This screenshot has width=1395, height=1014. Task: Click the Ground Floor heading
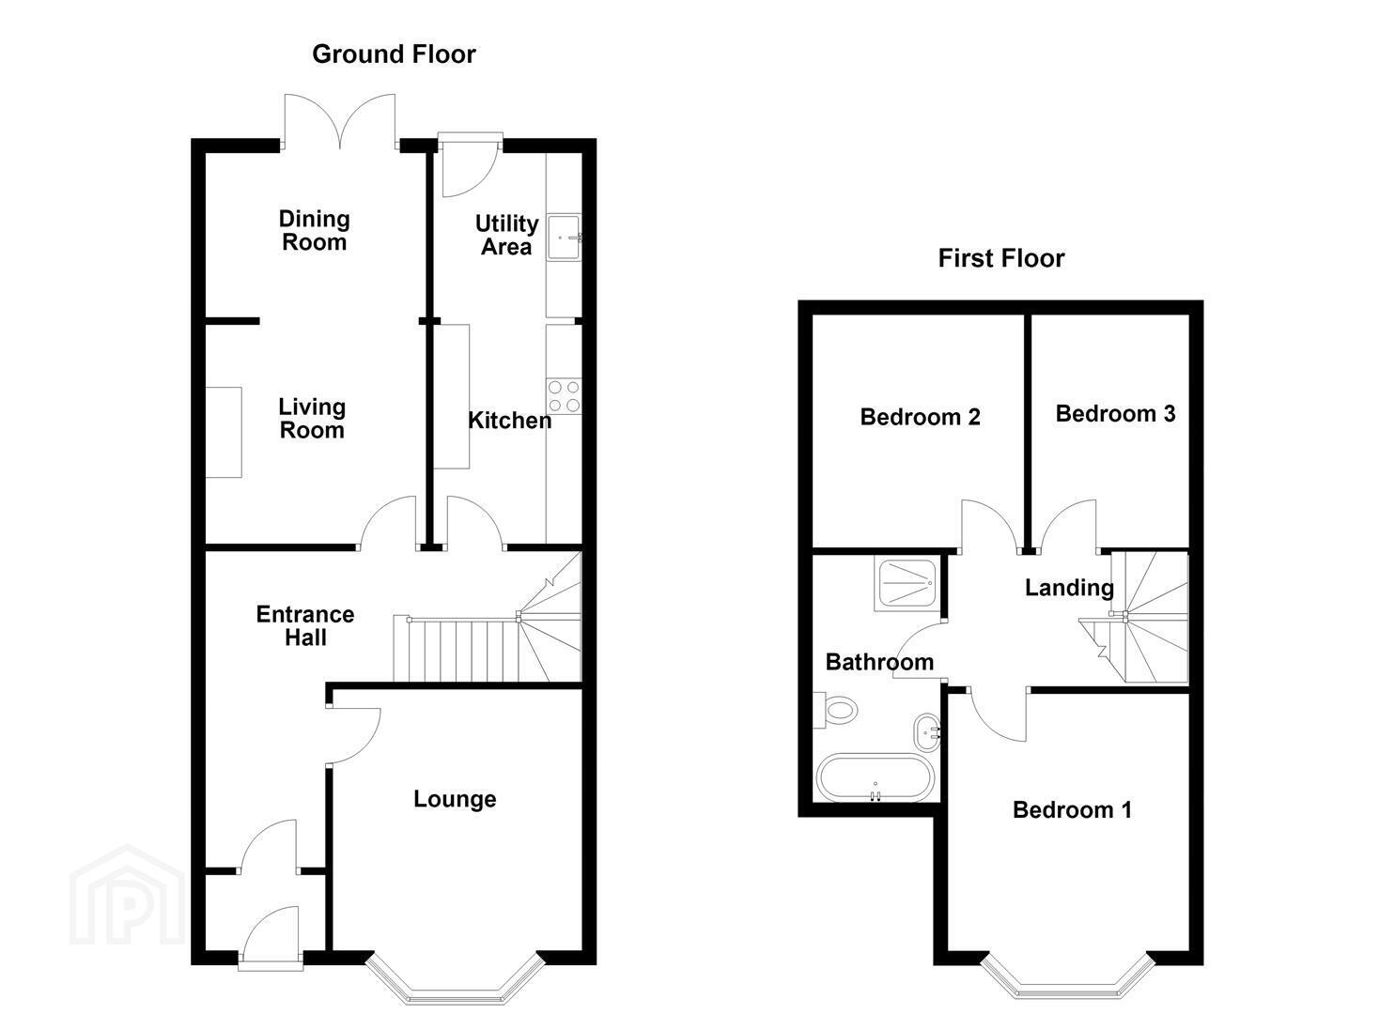(x=394, y=54)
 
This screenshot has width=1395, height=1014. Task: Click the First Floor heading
(x=1001, y=258)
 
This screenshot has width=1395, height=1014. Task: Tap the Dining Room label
(x=314, y=230)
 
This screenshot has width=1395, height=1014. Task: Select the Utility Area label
(x=507, y=235)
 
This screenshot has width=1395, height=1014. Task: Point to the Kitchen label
(x=509, y=421)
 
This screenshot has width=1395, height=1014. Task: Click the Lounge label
(x=455, y=799)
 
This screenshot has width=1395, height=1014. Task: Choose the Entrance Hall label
(x=305, y=625)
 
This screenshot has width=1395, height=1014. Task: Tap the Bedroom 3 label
(x=1115, y=414)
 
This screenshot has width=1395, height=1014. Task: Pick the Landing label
(x=1069, y=588)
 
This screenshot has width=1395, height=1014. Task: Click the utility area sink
(x=564, y=238)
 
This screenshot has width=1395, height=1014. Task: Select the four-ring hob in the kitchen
(x=565, y=396)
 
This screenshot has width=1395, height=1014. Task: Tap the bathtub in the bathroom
(x=875, y=778)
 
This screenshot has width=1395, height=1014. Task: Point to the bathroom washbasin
(x=927, y=732)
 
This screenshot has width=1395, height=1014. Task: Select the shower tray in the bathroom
(x=906, y=585)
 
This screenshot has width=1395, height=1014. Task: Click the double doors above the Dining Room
(x=339, y=122)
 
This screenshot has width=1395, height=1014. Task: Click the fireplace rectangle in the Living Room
(x=224, y=433)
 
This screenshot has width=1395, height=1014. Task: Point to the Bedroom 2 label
(x=920, y=417)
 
